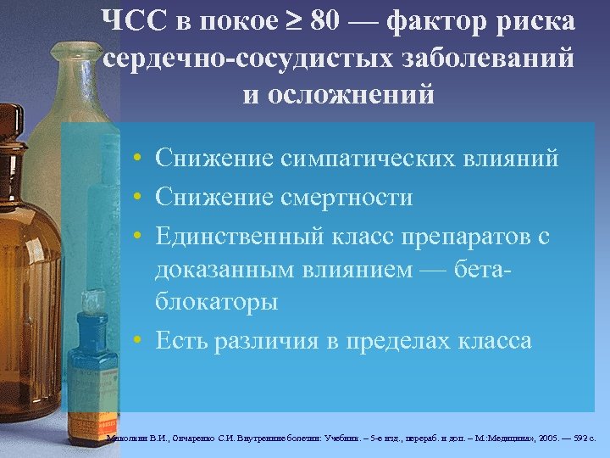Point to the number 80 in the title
(327, 21)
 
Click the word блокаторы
(216, 302)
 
